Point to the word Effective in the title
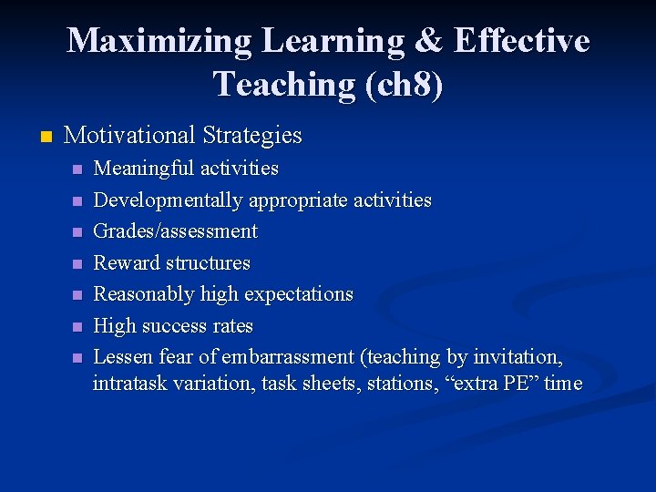click(x=521, y=41)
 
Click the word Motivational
click(x=130, y=136)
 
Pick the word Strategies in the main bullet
click(x=252, y=136)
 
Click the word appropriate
click(x=293, y=200)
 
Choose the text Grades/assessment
click(x=176, y=231)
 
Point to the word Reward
click(x=126, y=262)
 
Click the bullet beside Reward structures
click(x=78, y=264)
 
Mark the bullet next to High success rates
click(x=78, y=327)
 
